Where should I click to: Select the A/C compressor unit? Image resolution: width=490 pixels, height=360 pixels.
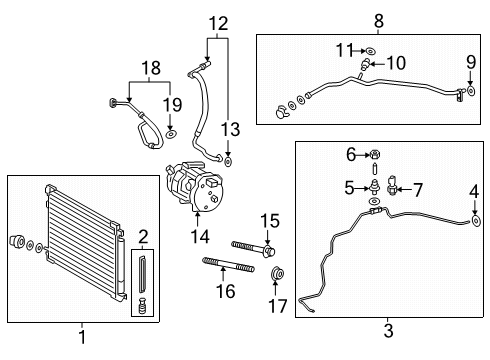pos(194,187)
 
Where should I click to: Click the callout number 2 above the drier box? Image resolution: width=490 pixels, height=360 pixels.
pos(143,236)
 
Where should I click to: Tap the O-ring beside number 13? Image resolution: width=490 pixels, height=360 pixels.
pos(229,159)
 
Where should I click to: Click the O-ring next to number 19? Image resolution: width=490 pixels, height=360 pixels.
pos(171,132)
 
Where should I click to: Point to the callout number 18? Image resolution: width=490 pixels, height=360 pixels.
pos(152,68)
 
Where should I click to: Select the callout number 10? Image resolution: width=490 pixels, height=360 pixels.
pos(396,63)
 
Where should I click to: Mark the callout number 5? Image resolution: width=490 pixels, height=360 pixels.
pos(351,186)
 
